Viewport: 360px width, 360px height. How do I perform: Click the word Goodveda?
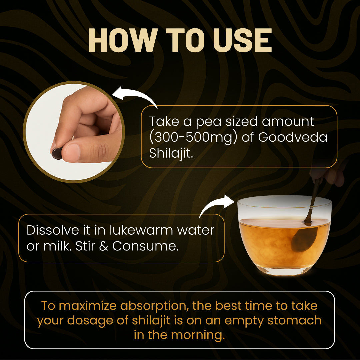[293, 137]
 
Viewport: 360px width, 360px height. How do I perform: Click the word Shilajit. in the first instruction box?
[171, 153]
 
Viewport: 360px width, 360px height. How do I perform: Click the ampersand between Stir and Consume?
[104, 246]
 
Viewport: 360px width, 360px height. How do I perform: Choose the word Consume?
[145, 246]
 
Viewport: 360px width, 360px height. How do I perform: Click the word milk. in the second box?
[57, 246]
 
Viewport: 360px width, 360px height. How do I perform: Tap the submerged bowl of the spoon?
[304, 239]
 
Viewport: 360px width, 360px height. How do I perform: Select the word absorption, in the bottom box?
[155, 306]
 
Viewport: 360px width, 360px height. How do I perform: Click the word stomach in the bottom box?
[294, 320]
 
